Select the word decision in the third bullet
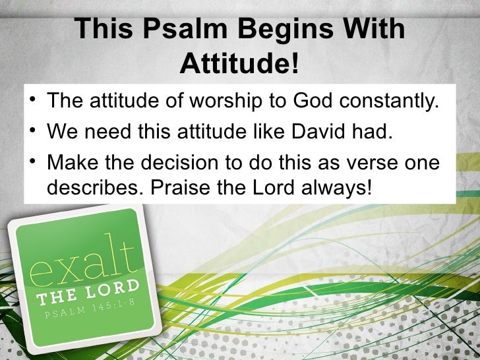198,162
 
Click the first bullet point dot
32,102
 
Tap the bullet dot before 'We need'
32,132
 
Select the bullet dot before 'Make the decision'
32,162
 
